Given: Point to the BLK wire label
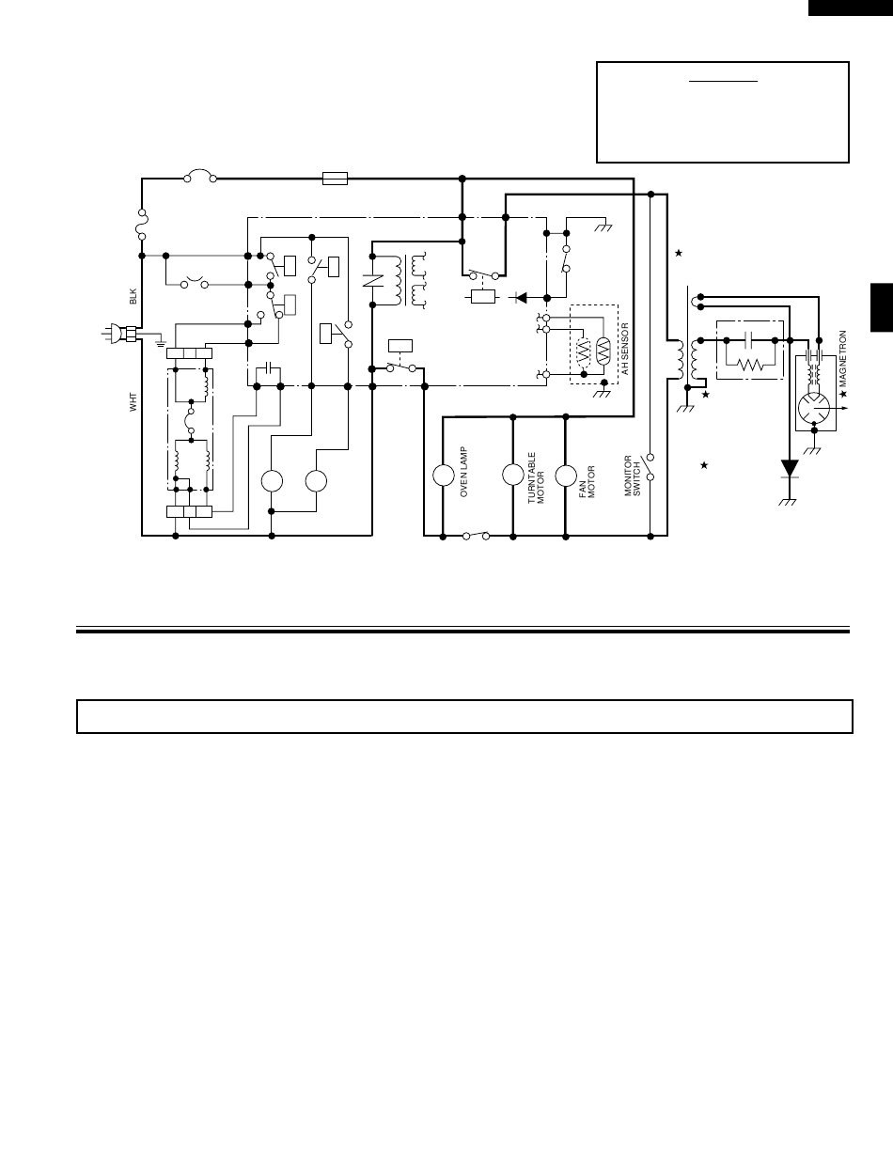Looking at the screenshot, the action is [x=133, y=297].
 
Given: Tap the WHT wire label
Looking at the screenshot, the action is [x=133, y=402].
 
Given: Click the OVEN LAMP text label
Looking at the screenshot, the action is [x=464, y=472].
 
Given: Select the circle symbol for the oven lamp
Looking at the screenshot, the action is [x=444, y=476].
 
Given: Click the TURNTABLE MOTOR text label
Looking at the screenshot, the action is [x=536, y=477].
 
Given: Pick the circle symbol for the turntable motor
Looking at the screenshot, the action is [x=513, y=475].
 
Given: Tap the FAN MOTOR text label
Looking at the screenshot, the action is [x=587, y=481].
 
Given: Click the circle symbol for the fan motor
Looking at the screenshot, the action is [x=566, y=476].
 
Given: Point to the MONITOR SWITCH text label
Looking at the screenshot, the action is [x=632, y=476].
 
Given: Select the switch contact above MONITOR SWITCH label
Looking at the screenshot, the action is [x=649, y=467].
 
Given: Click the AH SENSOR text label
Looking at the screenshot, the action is [x=624, y=349].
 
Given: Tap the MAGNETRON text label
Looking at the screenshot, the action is [x=843, y=359].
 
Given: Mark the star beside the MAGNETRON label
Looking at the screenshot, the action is [x=843, y=394].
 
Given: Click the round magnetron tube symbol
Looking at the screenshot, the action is [x=813, y=408].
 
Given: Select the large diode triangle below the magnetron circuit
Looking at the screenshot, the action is [x=790, y=468].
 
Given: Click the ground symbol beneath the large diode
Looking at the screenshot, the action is [x=789, y=501].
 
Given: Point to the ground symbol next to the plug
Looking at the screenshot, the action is [x=161, y=344].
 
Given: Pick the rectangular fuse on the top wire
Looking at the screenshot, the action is [x=335, y=179].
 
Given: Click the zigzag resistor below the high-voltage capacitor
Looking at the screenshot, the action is [x=750, y=365].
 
